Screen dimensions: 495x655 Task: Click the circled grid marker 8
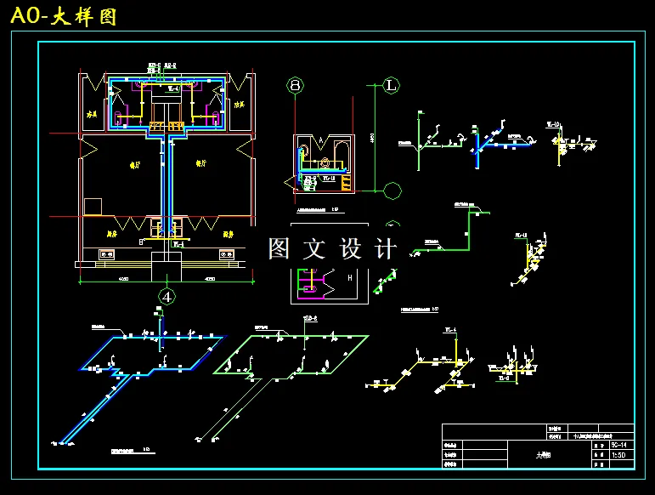coord(295,85)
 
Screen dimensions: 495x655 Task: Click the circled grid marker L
coord(392,85)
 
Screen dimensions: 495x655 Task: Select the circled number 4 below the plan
coord(168,297)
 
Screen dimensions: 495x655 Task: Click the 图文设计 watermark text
coord(332,248)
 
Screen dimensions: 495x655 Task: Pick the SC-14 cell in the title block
coord(621,445)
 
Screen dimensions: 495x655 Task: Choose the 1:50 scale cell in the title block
coord(621,456)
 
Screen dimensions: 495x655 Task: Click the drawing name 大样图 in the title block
coord(543,455)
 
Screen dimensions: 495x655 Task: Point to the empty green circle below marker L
coord(392,190)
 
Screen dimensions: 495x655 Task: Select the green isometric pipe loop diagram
coord(292,354)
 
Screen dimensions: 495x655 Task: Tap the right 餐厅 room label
coord(202,165)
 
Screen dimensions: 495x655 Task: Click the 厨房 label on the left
coord(110,233)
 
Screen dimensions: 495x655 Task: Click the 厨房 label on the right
coord(228,233)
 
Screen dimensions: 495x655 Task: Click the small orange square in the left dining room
coord(93,207)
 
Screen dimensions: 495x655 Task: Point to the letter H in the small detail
coord(349,277)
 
